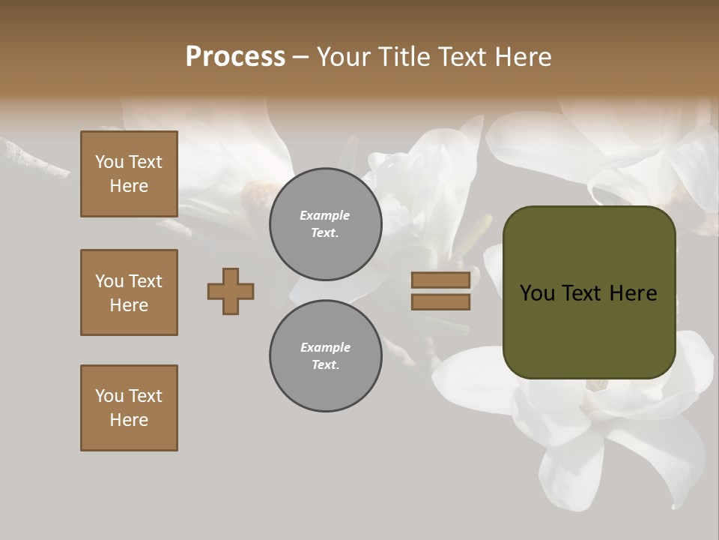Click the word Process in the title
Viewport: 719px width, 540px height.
[x=235, y=57]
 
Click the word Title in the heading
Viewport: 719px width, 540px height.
[x=404, y=57]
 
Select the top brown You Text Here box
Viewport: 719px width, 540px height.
[x=129, y=174]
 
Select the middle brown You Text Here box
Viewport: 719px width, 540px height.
[x=129, y=292]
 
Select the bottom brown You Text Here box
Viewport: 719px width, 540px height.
[x=129, y=408]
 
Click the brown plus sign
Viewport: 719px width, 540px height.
[x=231, y=291]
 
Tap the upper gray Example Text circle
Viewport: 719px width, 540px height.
[x=325, y=224]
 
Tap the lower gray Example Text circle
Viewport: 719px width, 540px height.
[x=325, y=356]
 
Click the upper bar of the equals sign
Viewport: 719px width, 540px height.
[x=440, y=280]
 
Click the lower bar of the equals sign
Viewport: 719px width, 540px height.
[x=440, y=301]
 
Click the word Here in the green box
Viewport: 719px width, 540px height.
[x=633, y=293]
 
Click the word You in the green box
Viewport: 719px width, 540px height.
[x=537, y=293]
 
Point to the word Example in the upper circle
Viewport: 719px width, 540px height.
[x=325, y=216]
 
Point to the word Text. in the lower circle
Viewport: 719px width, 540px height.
[x=325, y=365]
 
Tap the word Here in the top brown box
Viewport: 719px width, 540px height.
[x=129, y=186]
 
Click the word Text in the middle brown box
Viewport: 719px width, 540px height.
[x=145, y=281]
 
